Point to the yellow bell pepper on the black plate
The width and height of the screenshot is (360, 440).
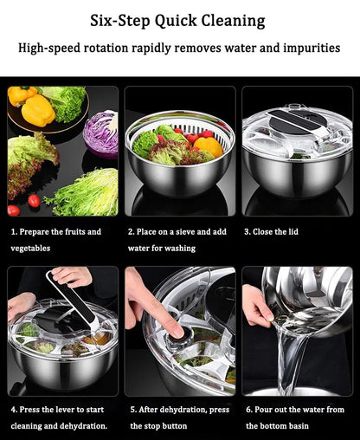[x=37, y=109]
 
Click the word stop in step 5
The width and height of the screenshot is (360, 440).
[x=145, y=426]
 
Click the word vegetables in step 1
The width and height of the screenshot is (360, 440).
[x=30, y=249]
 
